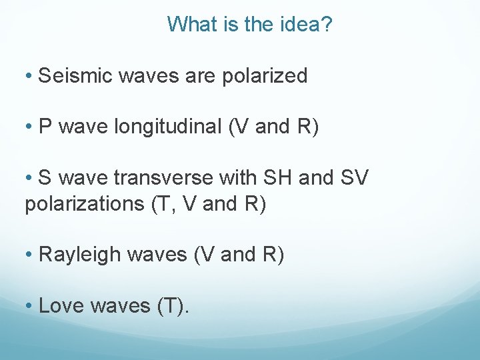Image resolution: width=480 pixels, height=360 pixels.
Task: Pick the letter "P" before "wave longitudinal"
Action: click(45, 127)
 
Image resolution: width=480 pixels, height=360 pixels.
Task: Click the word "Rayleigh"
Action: click(79, 255)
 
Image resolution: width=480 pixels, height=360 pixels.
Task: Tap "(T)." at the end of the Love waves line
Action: click(173, 306)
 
